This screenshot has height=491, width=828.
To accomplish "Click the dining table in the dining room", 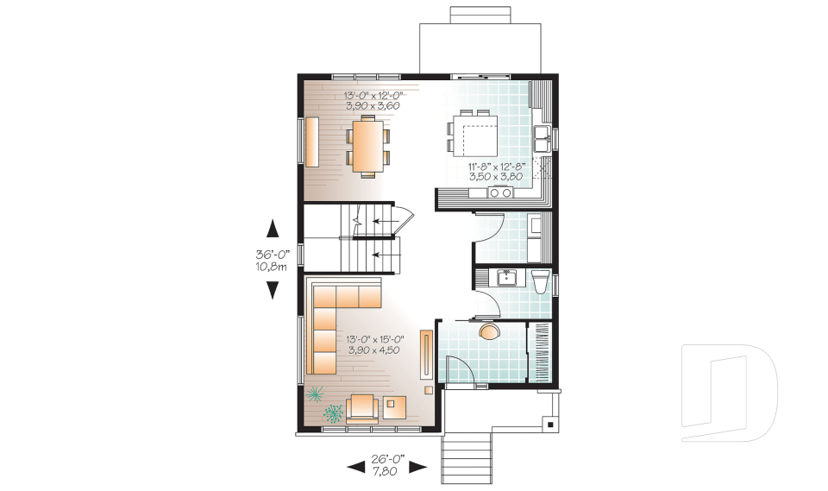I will coord(367,146).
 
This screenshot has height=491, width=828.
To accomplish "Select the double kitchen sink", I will coord(543,133).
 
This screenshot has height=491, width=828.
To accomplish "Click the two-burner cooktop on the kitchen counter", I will coord(500,193).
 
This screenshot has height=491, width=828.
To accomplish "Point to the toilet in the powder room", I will coord(541,281).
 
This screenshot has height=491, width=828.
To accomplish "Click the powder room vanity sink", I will coord(506,277).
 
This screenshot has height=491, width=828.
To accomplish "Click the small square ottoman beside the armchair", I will coord(396,406).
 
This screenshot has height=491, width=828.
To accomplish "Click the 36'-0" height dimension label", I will coord(273,260).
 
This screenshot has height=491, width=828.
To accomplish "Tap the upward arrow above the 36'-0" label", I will coord(273,229).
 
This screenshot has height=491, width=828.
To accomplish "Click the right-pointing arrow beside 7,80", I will coord(418,467).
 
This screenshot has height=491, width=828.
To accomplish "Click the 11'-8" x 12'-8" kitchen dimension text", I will coord(497,170).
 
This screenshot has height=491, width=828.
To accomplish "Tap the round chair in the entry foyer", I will coord(488,332).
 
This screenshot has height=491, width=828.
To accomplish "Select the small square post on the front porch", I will coord(549,424).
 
